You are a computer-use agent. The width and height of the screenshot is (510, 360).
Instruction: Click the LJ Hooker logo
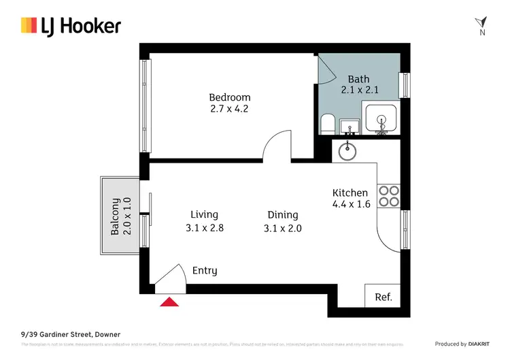pyautogui.click(x=71, y=26)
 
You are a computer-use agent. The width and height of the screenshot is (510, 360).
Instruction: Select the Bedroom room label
pyautogui.click(x=229, y=97)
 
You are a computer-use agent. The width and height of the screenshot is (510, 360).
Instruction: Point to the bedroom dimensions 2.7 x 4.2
pyautogui.click(x=229, y=108)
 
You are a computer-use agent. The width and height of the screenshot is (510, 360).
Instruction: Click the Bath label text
pyautogui.click(x=358, y=79)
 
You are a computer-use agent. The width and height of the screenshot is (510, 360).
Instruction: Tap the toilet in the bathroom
pyautogui.click(x=327, y=125)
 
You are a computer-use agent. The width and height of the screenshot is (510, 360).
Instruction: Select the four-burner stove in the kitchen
pyautogui.click(x=388, y=196)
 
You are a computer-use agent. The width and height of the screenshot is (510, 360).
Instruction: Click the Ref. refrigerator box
pyautogui.click(x=383, y=297)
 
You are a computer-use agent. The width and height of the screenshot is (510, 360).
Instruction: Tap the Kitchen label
pyautogui.click(x=350, y=193)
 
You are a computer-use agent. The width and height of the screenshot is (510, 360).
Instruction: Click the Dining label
pyautogui.click(x=282, y=215)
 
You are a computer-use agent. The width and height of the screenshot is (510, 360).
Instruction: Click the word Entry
pyautogui.click(x=205, y=270)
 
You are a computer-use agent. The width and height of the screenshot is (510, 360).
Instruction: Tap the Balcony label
pyautogui.click(x=116, y=216)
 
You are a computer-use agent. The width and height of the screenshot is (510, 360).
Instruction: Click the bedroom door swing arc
pyautogui.click(x=277, y=144)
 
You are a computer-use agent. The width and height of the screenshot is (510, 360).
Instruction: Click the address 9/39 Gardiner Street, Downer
pyautogui.click(x=70, y=335)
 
